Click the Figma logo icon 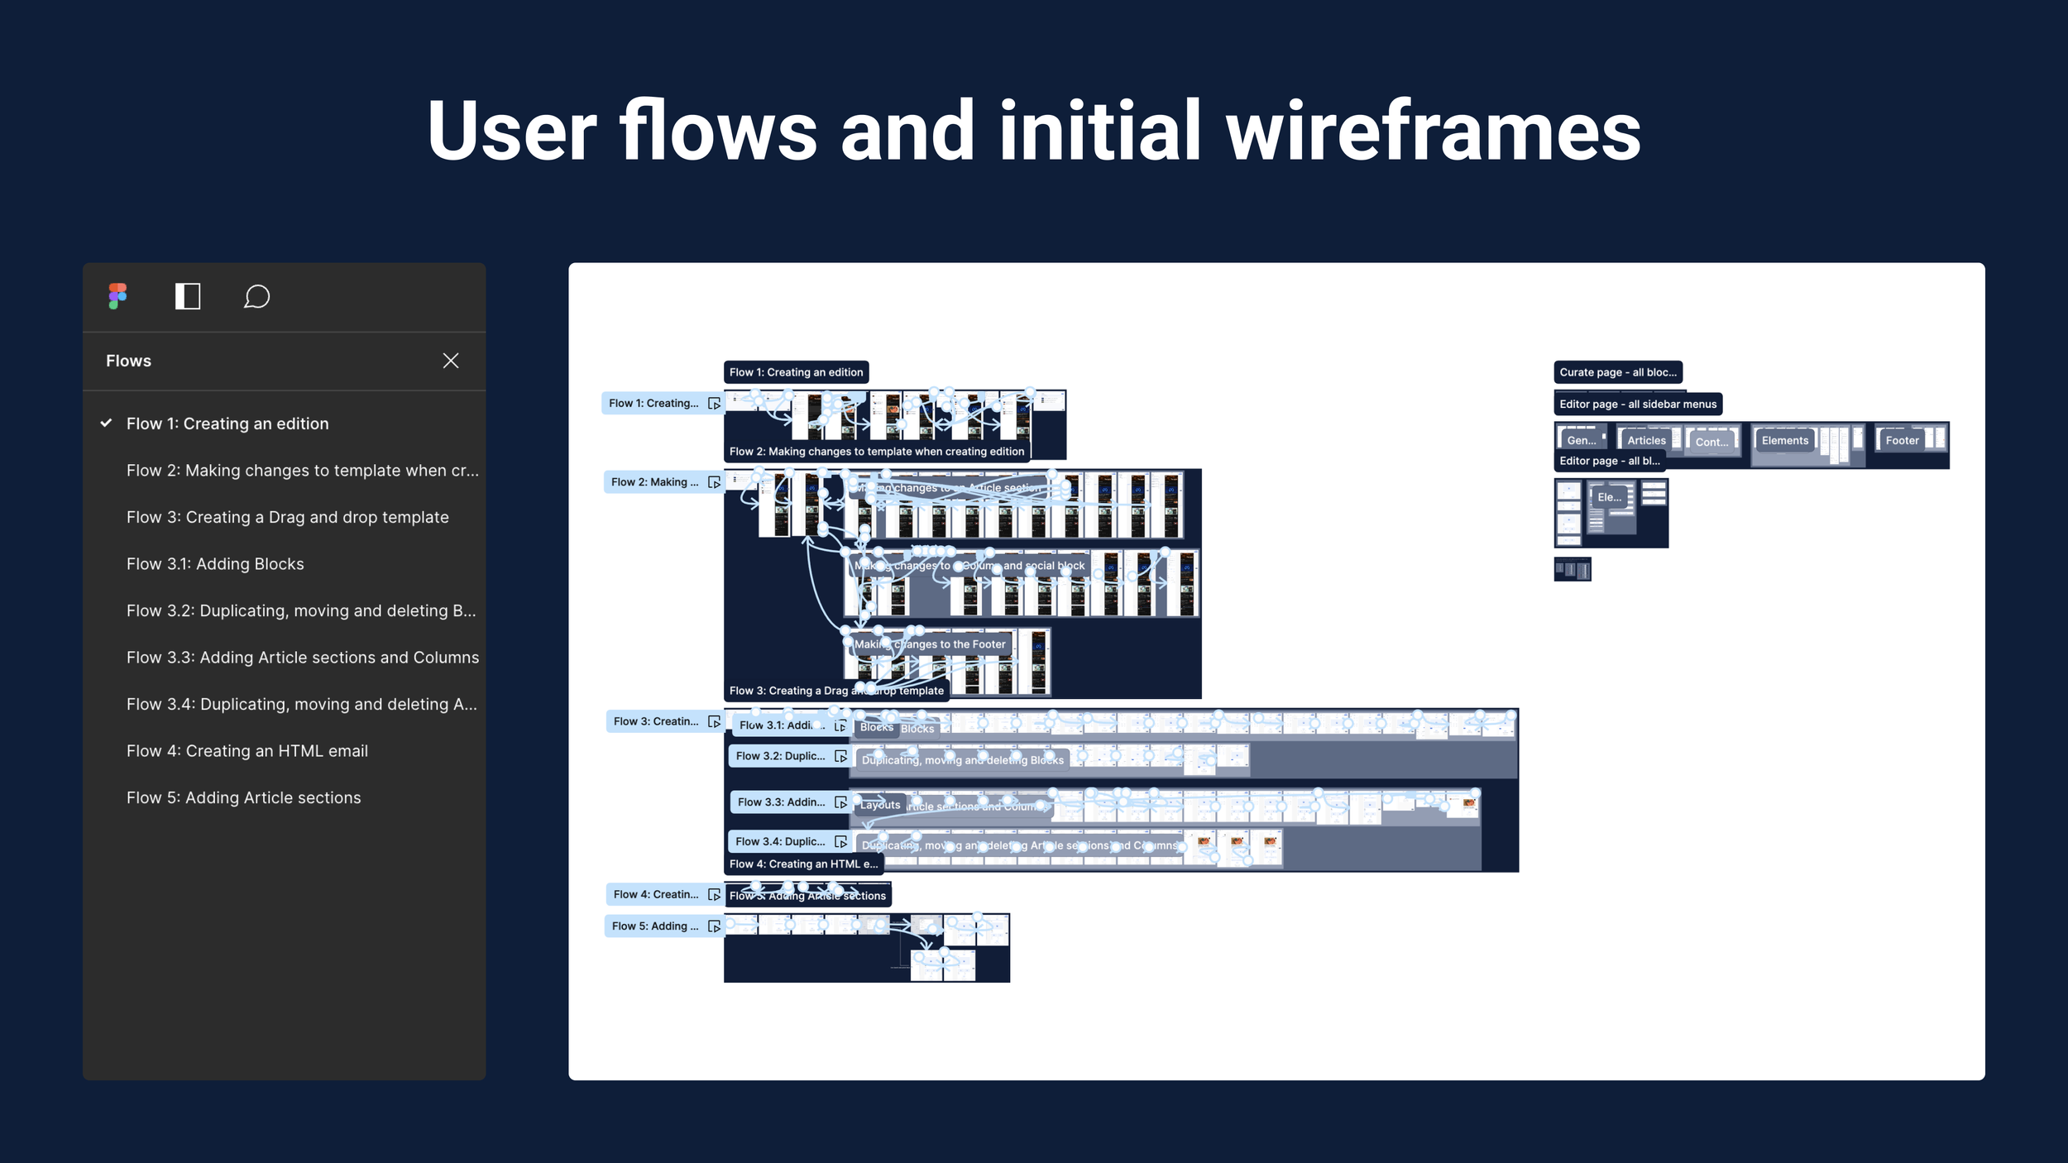(x=117, y=296)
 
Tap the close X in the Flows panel (x=451, y=361)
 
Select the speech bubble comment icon (x=256, y=296)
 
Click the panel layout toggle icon (x=188, y=296)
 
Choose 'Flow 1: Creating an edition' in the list (x=227, y=424)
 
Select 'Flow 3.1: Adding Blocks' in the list (x=215, y=564)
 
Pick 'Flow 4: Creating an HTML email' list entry (x=247, y=751)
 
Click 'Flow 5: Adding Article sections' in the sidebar (x=244, y=798)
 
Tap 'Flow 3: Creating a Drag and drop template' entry (x=288, y=517)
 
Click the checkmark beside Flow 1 (x=107, y=423)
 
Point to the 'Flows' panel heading (x=129, y=361)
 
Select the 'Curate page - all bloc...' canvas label (x=1618, y=372)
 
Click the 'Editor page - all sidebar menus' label (x=1638, y=404)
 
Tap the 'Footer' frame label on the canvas (x=1902, y=441)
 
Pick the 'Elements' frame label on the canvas (x=1785, y=441)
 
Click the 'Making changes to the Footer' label (x=930, y=644)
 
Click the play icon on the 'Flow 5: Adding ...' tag (x=715, y=926)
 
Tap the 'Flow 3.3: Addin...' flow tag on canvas (x=782, y=802)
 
